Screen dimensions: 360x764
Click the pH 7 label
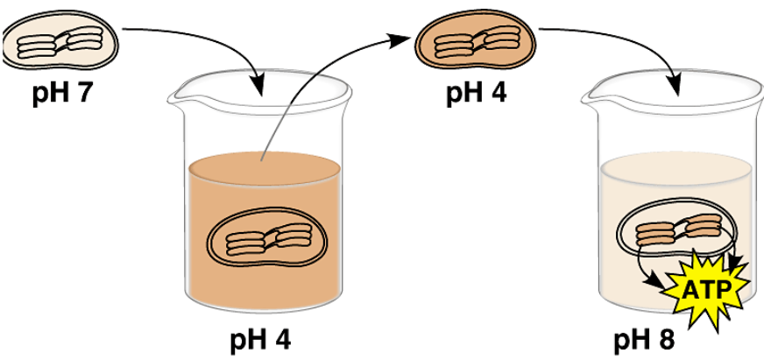click(x=59, y=93)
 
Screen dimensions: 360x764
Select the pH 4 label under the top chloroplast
click(x=476, y=92)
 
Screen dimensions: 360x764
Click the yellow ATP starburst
click(x=706, y=287)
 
